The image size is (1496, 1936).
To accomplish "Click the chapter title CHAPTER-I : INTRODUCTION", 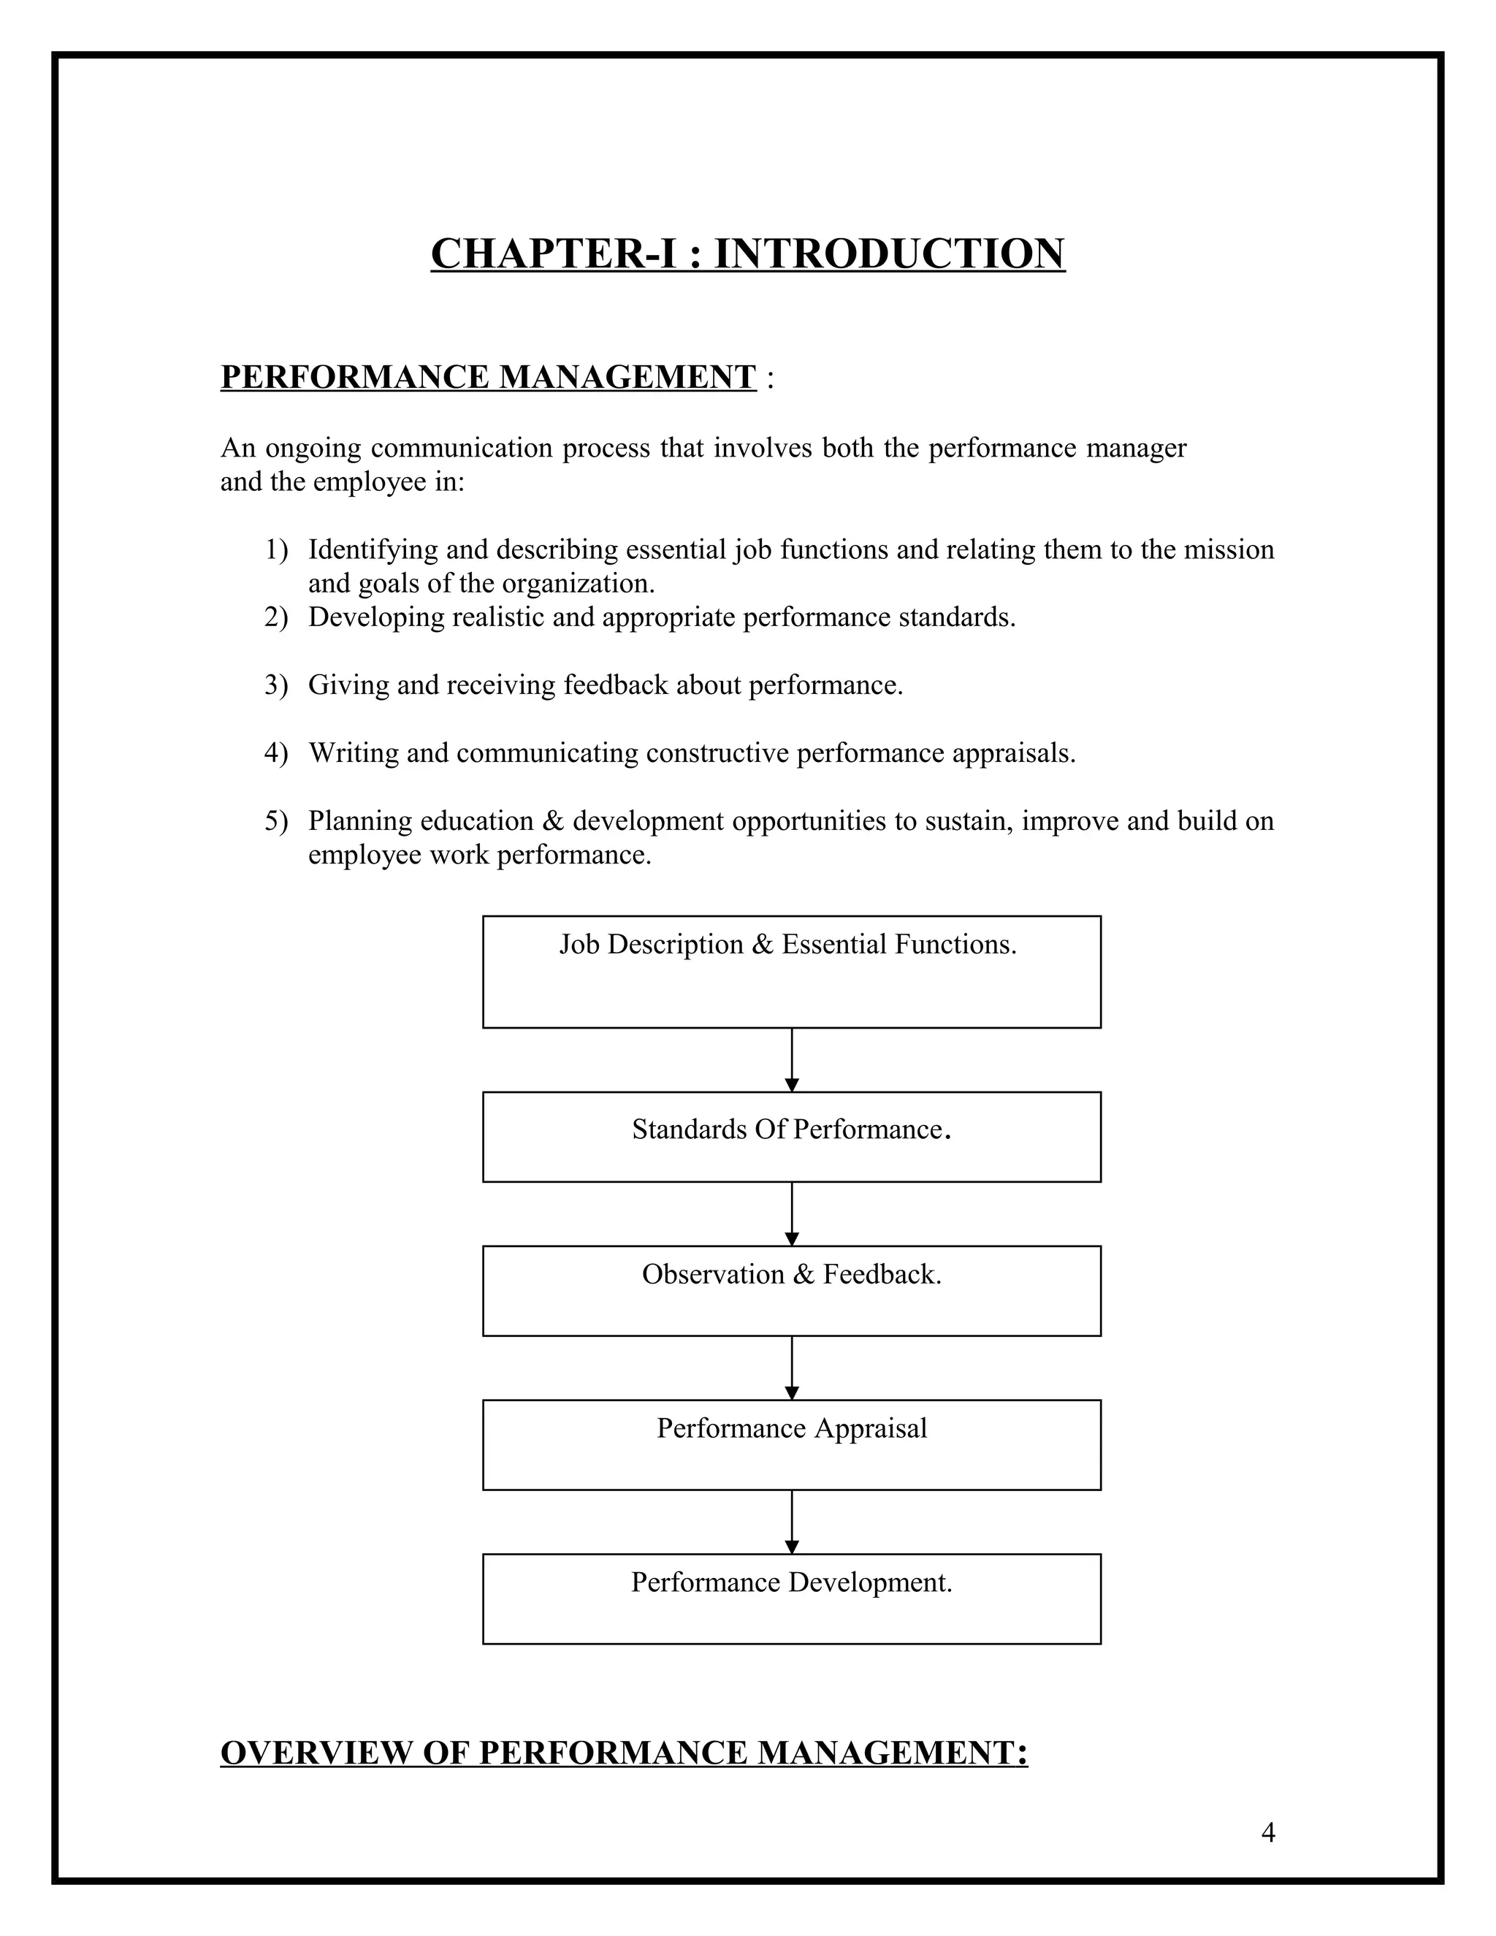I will coord(747,254).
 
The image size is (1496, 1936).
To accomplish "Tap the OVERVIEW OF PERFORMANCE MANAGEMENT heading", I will coord(623,1753).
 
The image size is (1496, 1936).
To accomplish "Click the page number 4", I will coord(1267,1832).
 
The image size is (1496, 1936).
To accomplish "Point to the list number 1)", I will coord(275,549).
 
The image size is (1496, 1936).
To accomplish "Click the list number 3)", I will coord(275,685).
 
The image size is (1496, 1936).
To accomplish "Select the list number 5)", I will coord(275,821).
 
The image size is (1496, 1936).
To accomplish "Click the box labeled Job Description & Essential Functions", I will coord(790,972).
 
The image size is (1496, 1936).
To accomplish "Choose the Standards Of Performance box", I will coord(790,1137).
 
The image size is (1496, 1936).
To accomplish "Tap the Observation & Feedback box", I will coord(790,1291).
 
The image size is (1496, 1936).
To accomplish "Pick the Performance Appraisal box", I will coord(790,1445).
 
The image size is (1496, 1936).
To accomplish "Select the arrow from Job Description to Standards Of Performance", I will coord(791,1060).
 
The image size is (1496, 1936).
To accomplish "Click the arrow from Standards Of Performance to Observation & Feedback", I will coord(791,1213).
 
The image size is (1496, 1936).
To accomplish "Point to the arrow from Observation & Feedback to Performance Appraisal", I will coord(791,1368).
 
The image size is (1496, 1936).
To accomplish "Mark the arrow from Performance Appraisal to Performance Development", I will coord(791,1521).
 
